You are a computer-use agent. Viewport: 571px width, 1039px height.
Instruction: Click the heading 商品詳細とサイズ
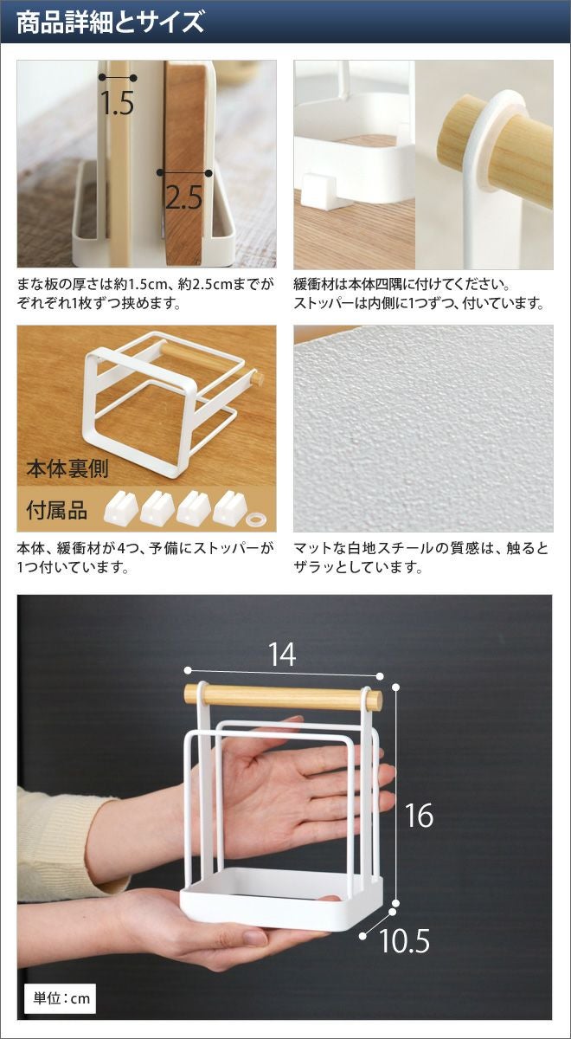pos(111,23)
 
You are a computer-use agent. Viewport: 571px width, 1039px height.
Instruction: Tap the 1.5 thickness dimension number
pos(118,103)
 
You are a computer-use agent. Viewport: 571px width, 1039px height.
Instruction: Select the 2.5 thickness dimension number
pos(183,197)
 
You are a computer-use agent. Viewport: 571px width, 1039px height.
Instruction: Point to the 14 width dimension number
pos(282,655)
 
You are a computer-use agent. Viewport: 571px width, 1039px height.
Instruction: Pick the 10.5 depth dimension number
pos(404,927)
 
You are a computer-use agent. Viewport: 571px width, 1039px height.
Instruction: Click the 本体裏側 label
pos(67,468)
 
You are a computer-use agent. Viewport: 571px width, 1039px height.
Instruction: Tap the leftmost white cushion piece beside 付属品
pos(121,508)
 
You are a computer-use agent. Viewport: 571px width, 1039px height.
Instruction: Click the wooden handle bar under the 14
pos(283,697)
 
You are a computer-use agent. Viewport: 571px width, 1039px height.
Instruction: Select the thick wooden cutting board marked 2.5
pos(185,163)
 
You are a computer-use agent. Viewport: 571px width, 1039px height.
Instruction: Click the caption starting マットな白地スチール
pos(420,558)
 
